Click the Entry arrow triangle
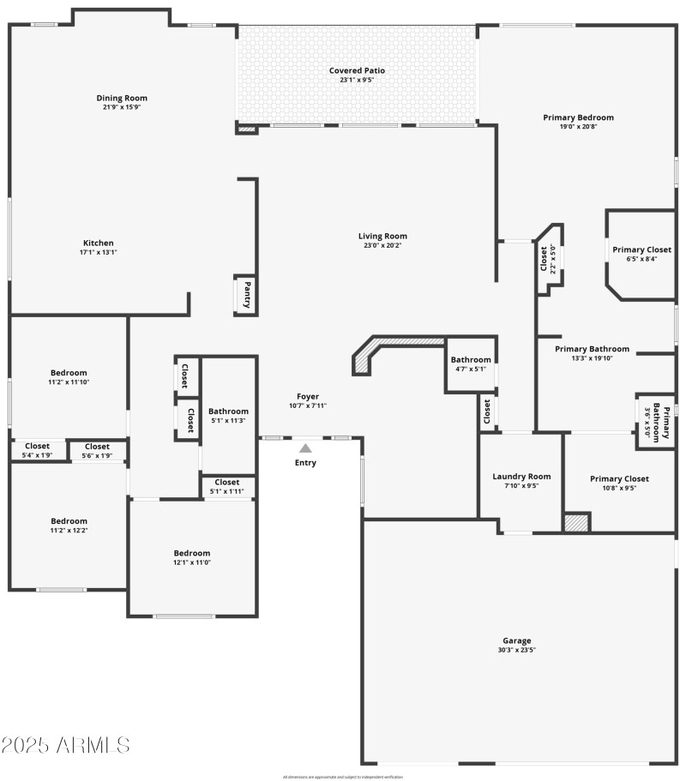tap(305, 448)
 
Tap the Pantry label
tap(247, 295)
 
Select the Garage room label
tap(516, 640)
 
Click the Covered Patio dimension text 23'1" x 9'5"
tap(357, 81)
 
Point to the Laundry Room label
tap(521, 477)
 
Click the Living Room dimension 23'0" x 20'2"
tap(382, 246)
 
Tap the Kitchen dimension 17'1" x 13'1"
tap(98, 253)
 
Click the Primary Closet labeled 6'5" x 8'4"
tap(641, 249)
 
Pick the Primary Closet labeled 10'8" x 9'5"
tap(618, 478)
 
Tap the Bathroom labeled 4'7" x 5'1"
tap(471, 360)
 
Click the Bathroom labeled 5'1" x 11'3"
tap(228, 412)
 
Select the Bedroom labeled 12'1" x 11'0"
tap(192, 553)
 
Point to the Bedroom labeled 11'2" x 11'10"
tap(69, 372)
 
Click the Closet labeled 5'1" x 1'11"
tap(227, 482)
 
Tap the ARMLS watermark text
tap(66, 744)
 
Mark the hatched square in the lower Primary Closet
tap(576, 522)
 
